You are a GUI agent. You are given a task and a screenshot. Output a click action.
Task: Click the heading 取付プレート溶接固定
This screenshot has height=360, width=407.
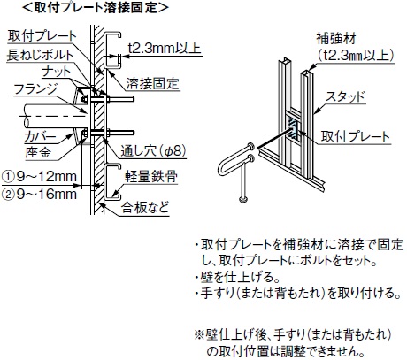[x=95, y=8]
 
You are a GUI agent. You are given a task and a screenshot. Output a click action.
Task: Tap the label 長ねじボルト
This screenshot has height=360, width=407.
[x=41, y=55]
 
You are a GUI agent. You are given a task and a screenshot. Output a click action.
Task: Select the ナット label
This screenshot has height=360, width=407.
[x=57, y=72]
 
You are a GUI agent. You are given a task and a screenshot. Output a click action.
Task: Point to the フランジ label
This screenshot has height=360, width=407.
[x=35, y=89]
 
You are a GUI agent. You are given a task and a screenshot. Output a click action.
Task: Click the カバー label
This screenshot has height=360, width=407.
[x=40, y=137]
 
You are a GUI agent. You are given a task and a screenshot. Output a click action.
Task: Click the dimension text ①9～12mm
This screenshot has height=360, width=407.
[x=39, y=177]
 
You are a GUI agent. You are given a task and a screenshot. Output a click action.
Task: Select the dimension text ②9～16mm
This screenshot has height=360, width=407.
[x=39, y=195]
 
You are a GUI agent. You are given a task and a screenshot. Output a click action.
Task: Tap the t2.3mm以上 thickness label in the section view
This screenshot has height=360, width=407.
[x=165, y=48]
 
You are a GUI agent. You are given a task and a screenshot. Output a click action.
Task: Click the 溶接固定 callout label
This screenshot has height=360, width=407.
[x=153, y=84]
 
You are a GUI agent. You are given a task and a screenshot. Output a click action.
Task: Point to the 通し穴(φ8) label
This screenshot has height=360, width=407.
[x=153, y=151]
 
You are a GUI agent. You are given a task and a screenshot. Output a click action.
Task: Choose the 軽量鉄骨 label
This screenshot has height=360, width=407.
[x=151, y=177]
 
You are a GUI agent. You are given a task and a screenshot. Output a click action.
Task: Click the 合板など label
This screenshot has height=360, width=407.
[x=145, y=208]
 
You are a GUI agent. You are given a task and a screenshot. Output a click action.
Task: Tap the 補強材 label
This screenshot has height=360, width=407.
[x=336, y=39]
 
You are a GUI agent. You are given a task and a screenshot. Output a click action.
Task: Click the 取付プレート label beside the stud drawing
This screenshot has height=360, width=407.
[x=356, y=136]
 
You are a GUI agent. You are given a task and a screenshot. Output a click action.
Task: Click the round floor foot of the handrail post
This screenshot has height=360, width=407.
[x=244, y=199]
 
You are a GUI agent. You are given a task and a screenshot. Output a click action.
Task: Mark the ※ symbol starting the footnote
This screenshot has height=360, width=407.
[x=200, y=334]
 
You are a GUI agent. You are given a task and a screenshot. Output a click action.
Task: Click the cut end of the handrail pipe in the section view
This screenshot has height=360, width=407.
[x=26, y=117]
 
